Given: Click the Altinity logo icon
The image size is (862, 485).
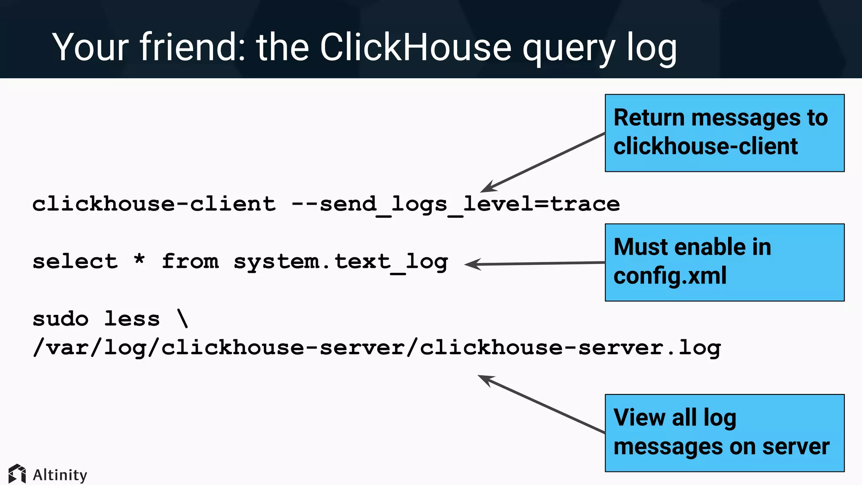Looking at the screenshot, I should [x=17, y=474].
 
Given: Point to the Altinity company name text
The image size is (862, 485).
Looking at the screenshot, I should [x=60, y=475].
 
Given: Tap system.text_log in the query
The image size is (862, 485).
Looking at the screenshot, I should [x=341, y=262].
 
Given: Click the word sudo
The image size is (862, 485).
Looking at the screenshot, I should [x=61, y=319].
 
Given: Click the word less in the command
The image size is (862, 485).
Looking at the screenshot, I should [x=132, y=319].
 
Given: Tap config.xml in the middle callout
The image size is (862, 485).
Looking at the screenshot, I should [x=670, y=276].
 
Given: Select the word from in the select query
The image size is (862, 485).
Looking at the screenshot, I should [x=190, y=261].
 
